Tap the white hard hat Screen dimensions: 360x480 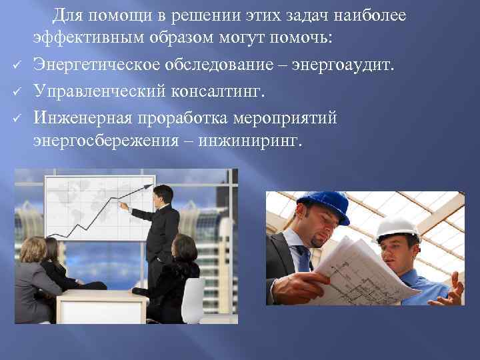(x=397, y=228)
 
